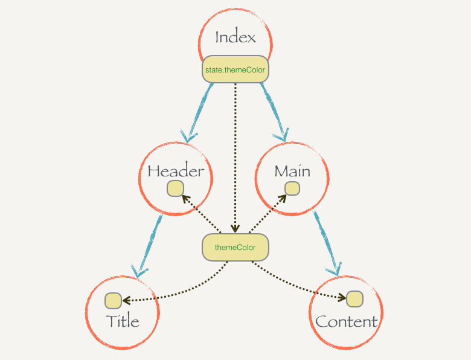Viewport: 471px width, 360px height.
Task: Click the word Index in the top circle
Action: [235, 37]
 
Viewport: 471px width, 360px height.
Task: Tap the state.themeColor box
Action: [235, 70]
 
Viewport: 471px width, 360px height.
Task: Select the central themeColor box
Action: [235, 248]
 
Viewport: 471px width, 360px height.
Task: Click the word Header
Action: [176, 172]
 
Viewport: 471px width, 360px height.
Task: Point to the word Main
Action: [292, 172]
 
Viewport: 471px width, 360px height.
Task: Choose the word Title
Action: [123, 321]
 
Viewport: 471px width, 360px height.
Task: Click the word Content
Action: [347, 321]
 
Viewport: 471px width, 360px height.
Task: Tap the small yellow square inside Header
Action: [175, 189]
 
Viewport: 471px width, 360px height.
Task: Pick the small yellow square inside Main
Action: [292, 189]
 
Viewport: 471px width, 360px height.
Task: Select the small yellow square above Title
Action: [114, 300]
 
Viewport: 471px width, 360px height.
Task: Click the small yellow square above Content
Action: [354, 299]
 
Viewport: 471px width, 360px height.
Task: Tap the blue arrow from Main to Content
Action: [324, 242]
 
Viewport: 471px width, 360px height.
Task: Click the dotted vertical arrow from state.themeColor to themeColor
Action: [235, 157]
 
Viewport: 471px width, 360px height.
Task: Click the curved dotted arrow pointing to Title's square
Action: [181, 291]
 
